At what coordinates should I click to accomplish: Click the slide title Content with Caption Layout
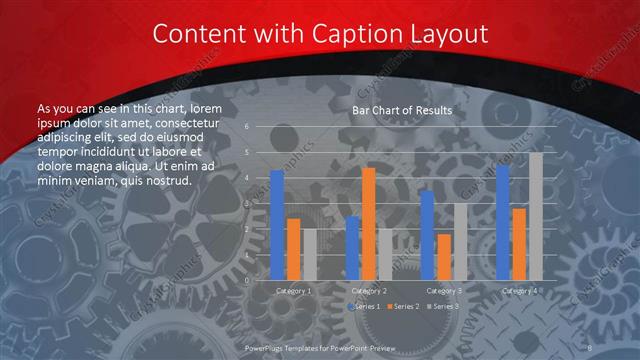click(320, 34)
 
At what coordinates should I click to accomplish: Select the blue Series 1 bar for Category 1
click(277, 225)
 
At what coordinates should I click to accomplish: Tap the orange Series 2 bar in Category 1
click(293, 249)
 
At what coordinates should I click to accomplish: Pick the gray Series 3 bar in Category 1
click(309, 254)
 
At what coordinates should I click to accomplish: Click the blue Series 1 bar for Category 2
click(352, 248)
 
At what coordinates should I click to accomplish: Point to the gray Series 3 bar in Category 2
click(384, 254)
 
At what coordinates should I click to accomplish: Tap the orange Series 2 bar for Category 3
click(443, 257)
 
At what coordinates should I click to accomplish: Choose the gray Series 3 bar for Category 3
click(459, 241)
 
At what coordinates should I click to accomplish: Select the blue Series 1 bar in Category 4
click(502, 222)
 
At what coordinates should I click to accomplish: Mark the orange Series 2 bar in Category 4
click(518, 244)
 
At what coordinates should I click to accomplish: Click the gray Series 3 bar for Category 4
click(535, 216)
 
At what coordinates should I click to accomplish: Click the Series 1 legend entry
click(365, 305)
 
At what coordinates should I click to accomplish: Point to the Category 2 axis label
click(368, 291)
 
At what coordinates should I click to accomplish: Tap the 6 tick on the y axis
click(246, 127)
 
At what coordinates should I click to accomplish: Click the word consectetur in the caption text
click(182, 121)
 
